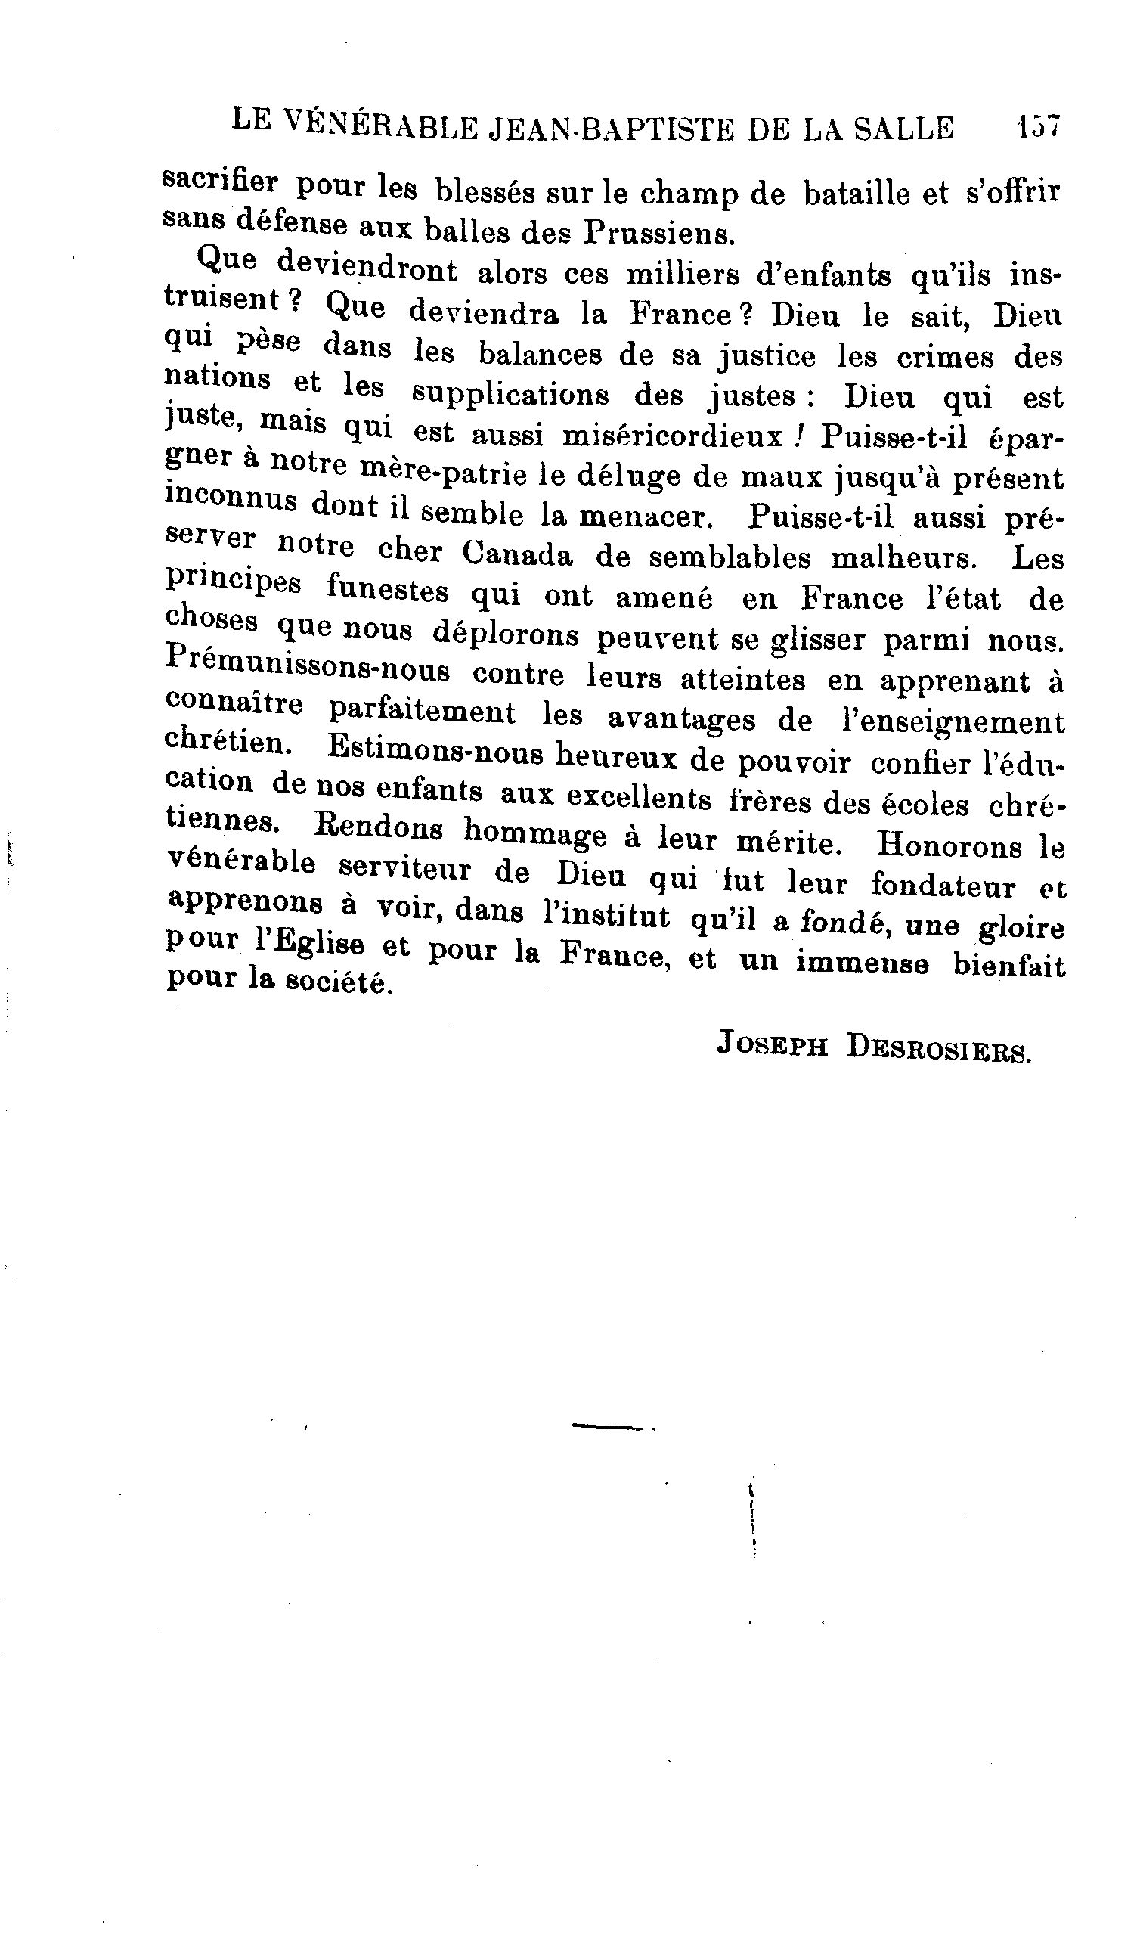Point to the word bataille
(876, 194)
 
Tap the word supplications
(511, 396)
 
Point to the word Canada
(518, 555)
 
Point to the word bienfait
(1009, 966)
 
